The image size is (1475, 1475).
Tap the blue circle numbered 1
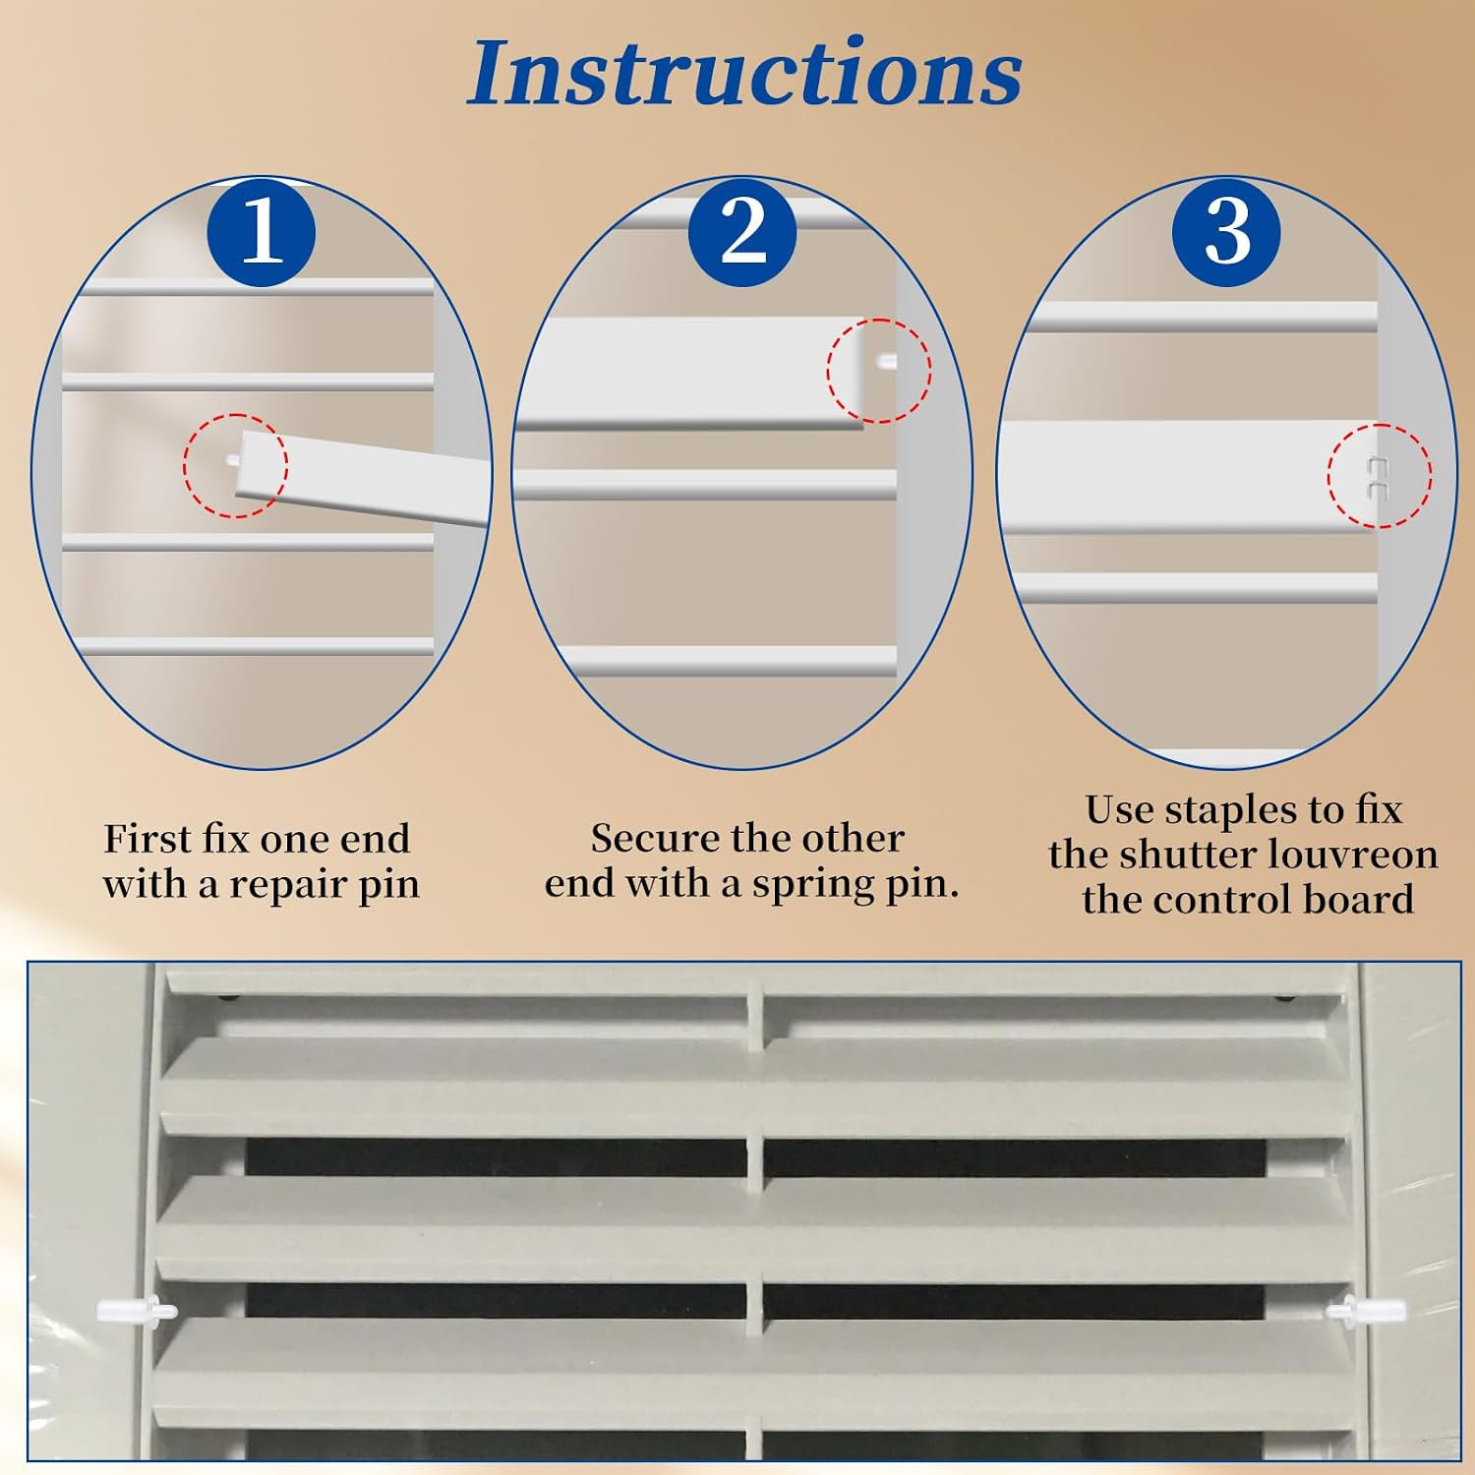[x=261, y=232]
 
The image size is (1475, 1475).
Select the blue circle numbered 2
[x=742, y=232]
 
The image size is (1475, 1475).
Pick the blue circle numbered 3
[x=1226, y=232]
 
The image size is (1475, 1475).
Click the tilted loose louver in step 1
[x=364, y=477]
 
